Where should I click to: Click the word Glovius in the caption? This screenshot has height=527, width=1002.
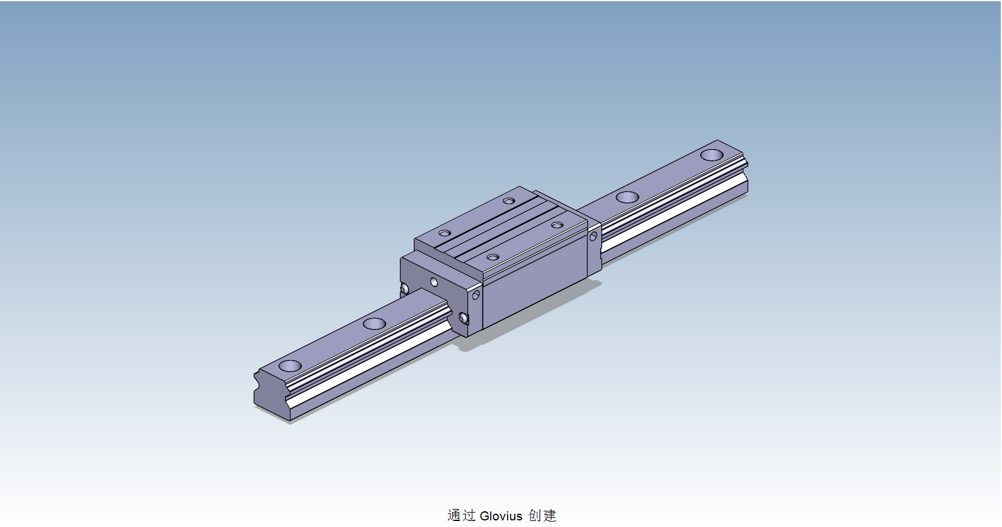[x=501, y=516]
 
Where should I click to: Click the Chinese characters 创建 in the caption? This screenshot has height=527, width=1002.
[x=542, y=516]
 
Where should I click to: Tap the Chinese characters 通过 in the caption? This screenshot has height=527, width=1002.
[x=461, y=516]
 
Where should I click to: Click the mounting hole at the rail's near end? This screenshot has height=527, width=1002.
[x=290, y=365]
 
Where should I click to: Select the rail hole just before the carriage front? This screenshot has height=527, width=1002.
[x=374, y=324]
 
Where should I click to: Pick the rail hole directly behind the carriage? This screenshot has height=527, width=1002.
[x=627, y=197]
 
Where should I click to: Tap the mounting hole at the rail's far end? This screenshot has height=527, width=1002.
[x=712, y=155]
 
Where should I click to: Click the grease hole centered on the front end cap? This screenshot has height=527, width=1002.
[x=434, y=282]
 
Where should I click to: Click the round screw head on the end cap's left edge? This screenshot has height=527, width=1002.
[x=404, y=290]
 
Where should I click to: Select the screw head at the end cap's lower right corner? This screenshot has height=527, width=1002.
[x=463, y=318]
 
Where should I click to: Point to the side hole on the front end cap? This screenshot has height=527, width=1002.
[x=476, y=294]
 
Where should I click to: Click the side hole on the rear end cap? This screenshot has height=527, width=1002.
[x=593, y=236]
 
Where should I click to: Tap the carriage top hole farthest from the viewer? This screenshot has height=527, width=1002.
[x=509, y=200]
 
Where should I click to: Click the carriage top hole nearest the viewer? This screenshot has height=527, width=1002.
[x=493, y=257]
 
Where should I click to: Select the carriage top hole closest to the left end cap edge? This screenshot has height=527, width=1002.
[x=444, y=233]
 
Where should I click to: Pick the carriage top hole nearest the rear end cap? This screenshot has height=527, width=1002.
[x=557, y=225]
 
